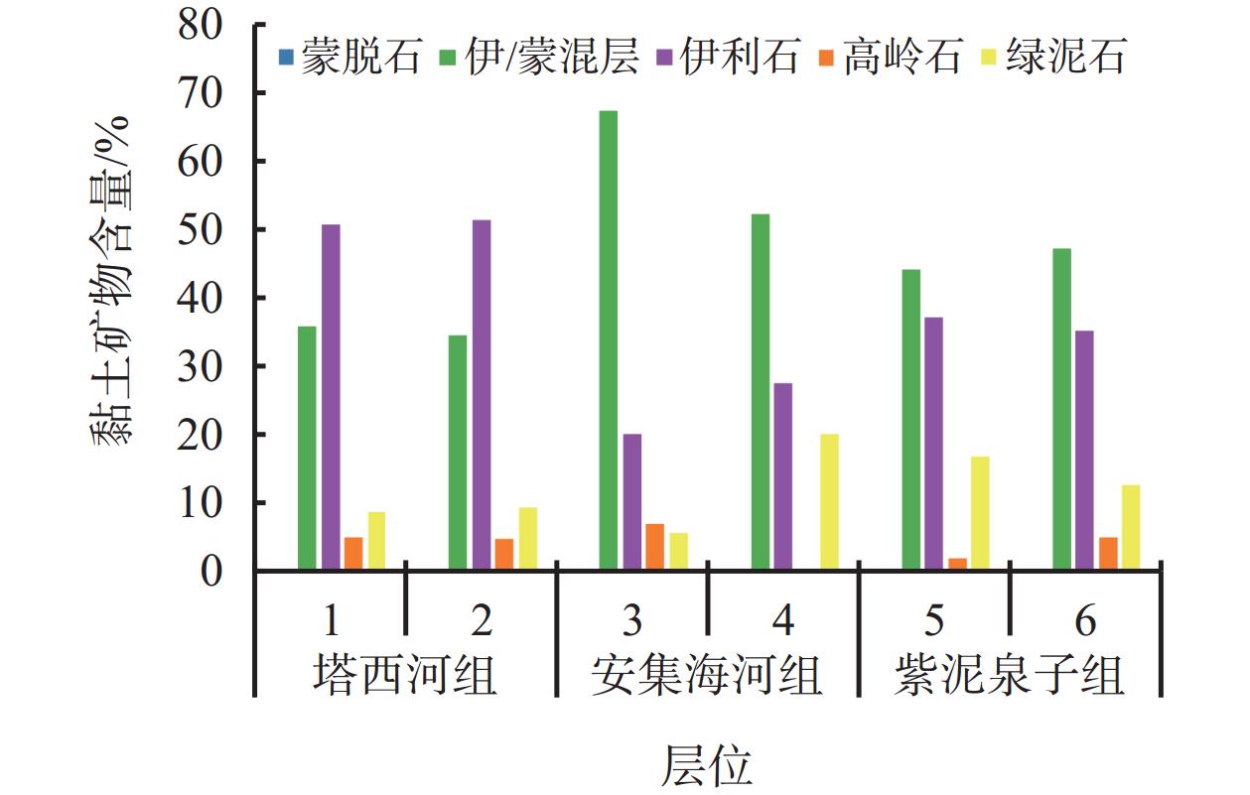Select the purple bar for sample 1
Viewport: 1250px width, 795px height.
331,397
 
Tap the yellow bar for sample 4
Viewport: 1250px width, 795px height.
829,502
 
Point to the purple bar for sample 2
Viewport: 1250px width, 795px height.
482,395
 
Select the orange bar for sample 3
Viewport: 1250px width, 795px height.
655,547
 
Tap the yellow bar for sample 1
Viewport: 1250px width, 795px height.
376,541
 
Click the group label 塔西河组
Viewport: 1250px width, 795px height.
405,675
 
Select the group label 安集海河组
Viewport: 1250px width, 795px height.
706,675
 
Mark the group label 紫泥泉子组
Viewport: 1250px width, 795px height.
1009,675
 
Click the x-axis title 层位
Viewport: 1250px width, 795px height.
706,765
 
